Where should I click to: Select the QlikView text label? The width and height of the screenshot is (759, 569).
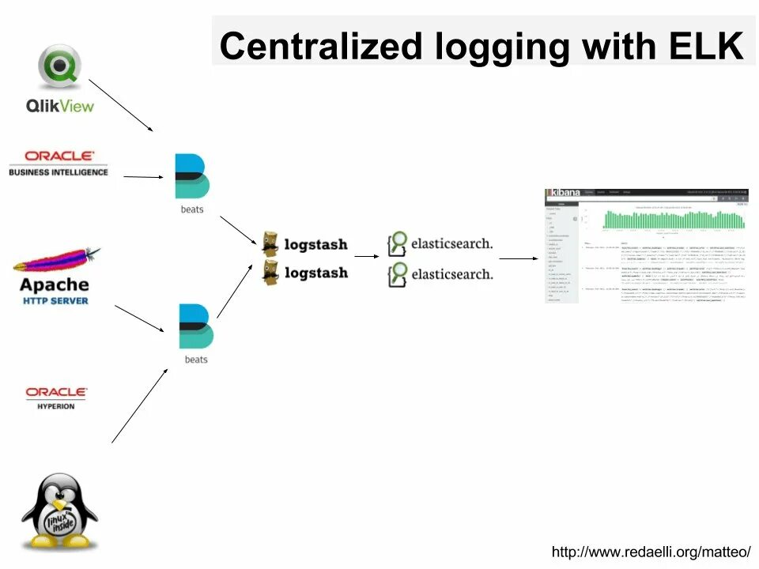[x=59, y=105]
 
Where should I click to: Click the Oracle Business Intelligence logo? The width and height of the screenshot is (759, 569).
[x=59, y=163]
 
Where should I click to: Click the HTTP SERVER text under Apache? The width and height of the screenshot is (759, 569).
[x=55, y=301]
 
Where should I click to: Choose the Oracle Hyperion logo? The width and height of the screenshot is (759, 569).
[x=56, y=397]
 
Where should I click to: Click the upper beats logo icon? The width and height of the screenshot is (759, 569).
[x=192, y=175]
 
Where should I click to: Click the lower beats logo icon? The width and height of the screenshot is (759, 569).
[x=195, y=326]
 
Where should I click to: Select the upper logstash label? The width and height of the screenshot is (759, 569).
[x=315, y=244]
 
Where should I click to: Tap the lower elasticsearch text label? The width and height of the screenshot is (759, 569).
[x=451, y=273]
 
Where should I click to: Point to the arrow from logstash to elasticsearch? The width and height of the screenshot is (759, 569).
[x=366, y=256]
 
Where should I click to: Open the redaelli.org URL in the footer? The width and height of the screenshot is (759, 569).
[x=650, y=552]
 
